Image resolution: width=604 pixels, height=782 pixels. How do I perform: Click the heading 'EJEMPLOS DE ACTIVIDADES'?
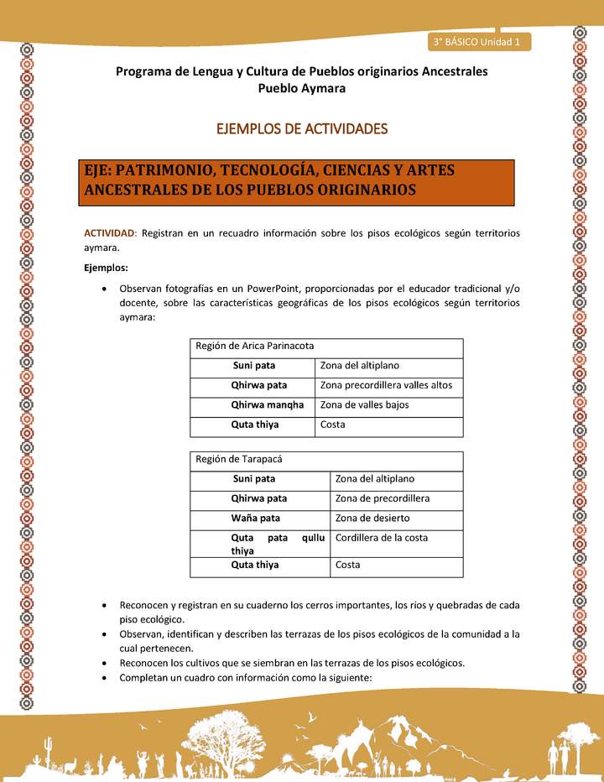click(x=302, y=129)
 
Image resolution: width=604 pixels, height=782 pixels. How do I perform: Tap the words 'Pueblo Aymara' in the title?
click(x=301, y=88)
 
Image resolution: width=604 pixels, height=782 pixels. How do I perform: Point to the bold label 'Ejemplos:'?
click(x=106, y=268)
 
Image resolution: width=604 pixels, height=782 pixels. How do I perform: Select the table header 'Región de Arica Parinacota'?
click(x=254, y=346)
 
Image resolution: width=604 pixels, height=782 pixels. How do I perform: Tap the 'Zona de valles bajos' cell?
click(x=365, y=404)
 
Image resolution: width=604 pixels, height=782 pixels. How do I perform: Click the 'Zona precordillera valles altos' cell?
click(x=386, y=385)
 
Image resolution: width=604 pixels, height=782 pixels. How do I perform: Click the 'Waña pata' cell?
click(x=256, y=518)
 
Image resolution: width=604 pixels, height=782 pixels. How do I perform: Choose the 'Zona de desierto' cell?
click(x=372, y=518)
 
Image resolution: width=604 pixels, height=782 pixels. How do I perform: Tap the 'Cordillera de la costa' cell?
click(x=381, y=538)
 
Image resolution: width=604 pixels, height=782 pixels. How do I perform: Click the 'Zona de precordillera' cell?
click(x=382, y=498)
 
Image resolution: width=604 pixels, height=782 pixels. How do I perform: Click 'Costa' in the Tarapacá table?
click(x=347, y=565)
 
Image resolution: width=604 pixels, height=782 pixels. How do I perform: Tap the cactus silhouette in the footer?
click(x=48, y=746)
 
